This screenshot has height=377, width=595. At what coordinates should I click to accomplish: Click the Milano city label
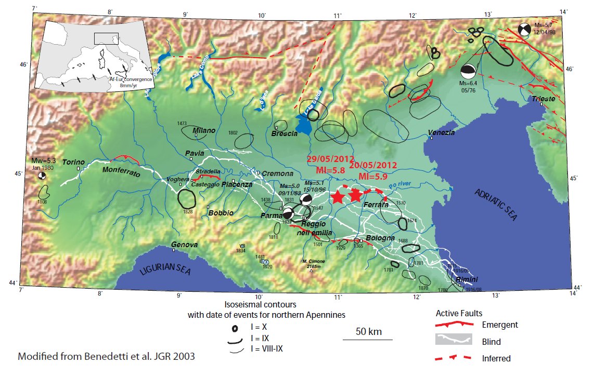coord(204,130)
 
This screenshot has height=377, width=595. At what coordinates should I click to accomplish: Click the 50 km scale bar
coord(367,339)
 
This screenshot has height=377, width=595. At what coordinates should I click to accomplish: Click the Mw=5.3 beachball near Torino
coord(42,176)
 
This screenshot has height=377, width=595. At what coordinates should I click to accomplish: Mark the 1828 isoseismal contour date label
coord(188,211)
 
